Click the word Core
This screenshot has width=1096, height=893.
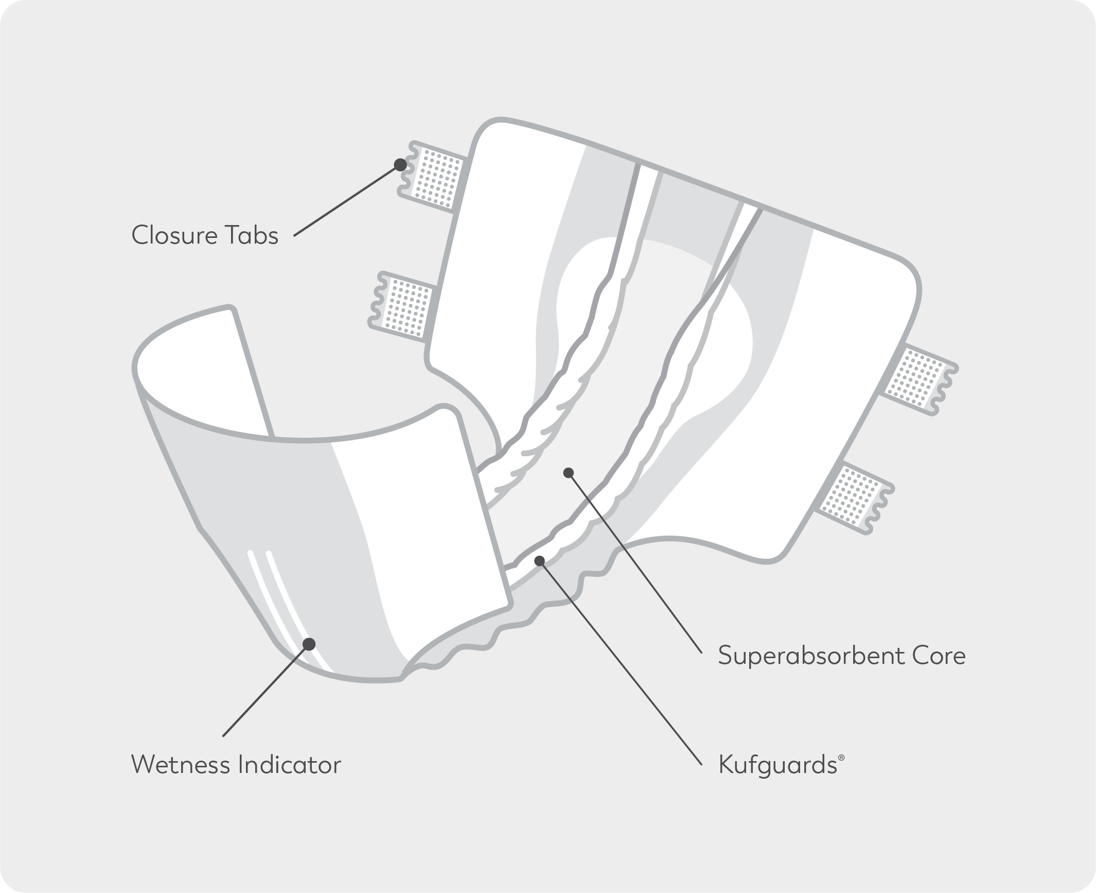[938, 656]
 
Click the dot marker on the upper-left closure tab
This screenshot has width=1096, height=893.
[399, 165]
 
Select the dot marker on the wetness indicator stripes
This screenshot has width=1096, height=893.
[309, 644]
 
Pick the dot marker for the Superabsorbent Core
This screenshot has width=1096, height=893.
[568, 473]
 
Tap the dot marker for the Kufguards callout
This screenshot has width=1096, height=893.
[539, 560]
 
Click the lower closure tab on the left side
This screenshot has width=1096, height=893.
[404, 306]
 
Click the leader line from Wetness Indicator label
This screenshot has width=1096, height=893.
[265, 690]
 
